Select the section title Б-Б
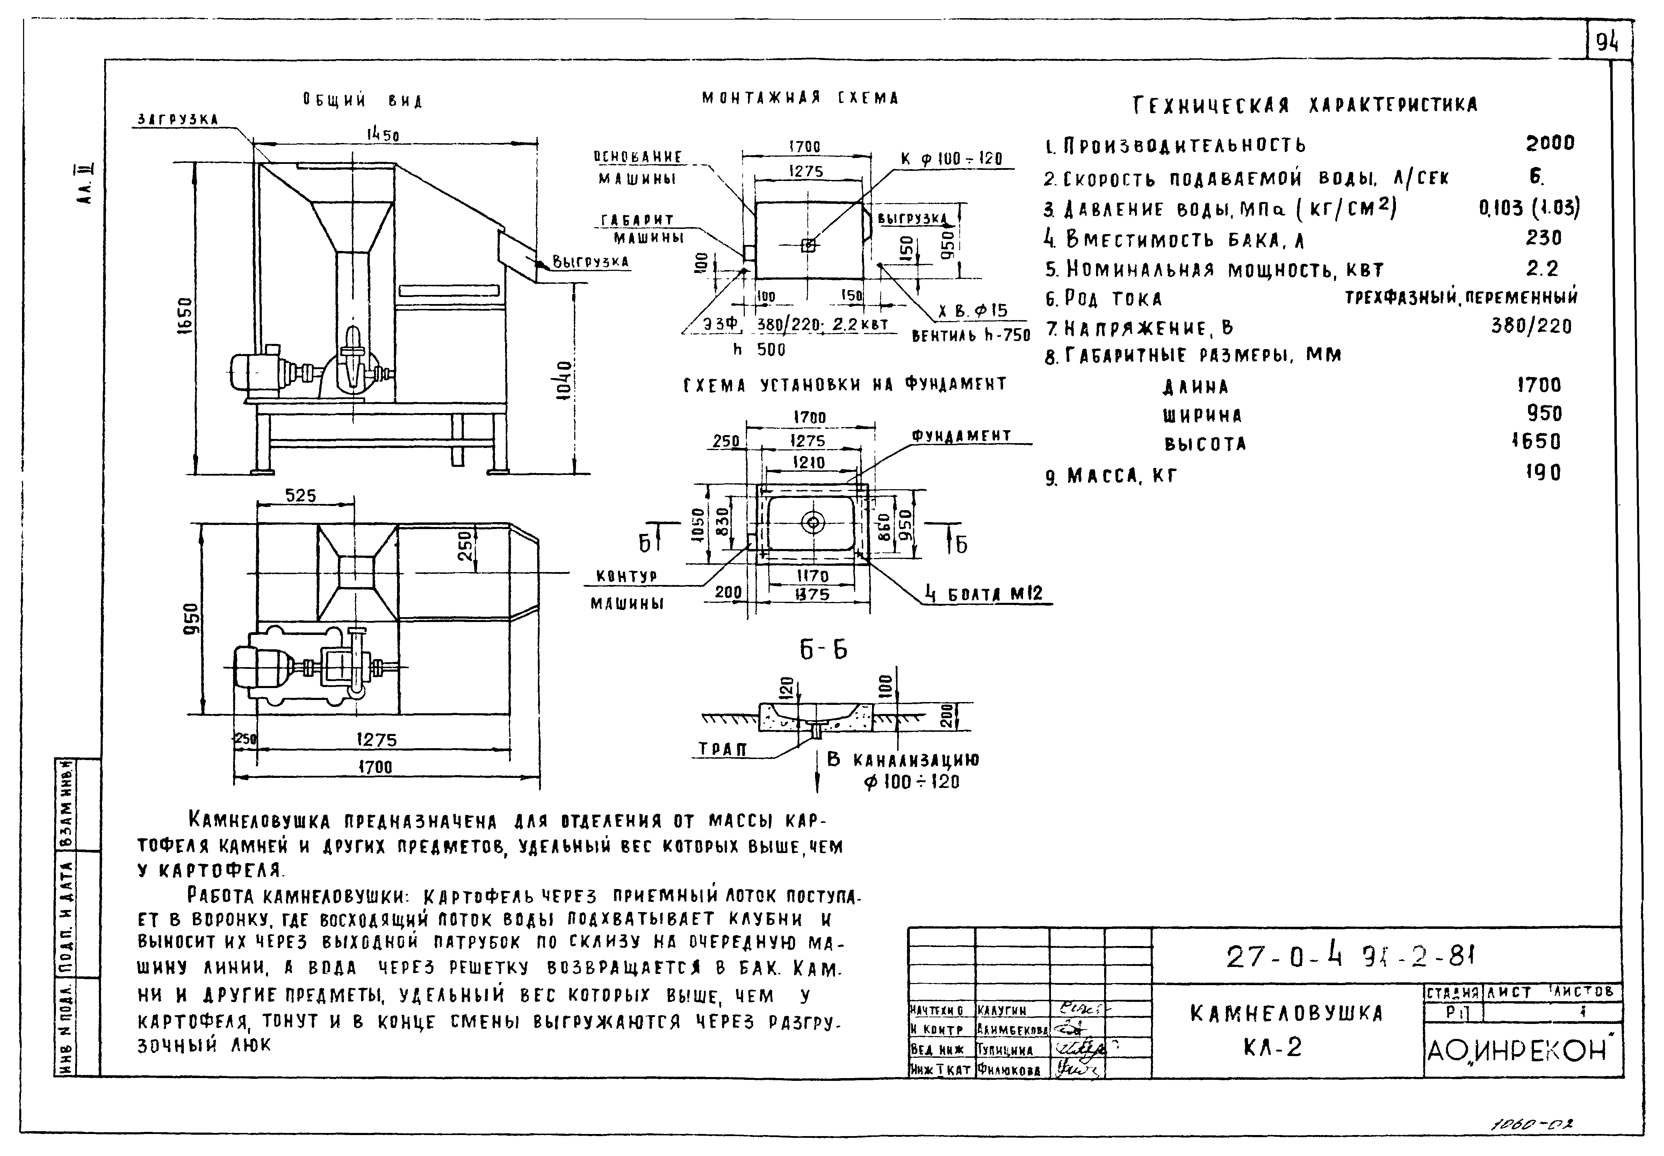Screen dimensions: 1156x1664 (823, 650)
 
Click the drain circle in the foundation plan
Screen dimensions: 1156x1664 (813, 521)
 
